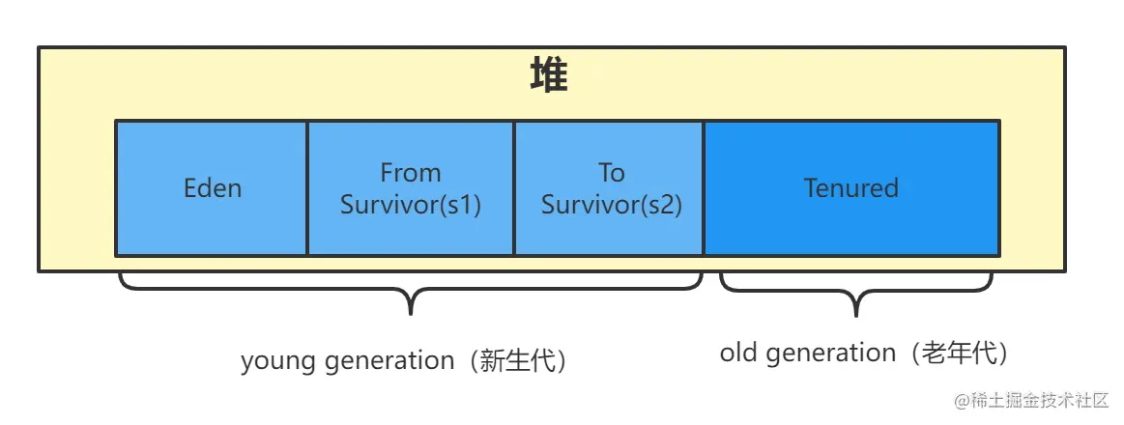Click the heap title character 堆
pyautogui.click(x=549, y=76)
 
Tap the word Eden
pyautogui.click(x=213, y=187)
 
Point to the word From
pyautogui.click(x=410, y=173)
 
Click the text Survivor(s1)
pyautogui.click(x=411, y=205)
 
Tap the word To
pyautogui.click(x=611, y=173)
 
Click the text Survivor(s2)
pyautogui.click(x=611, y=205)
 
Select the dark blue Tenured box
pyautogui.click(x=851, y=227)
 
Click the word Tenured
pyautogui.click(x=851, y=187)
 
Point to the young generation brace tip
pyautogui.click(x=412, y=312)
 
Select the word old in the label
pyautogui.click(x=736, y=354)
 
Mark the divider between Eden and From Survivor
pyautogui.click(x=307, y=187)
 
